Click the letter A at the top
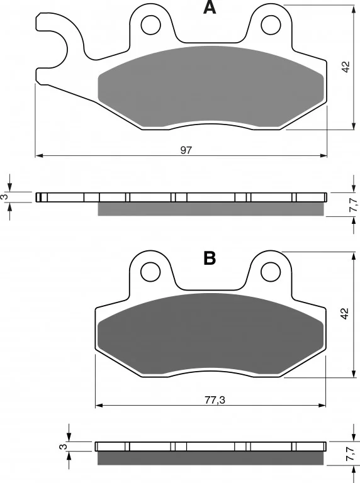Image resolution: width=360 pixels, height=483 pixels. coord(210,8)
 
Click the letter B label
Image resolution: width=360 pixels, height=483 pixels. coord(210,258)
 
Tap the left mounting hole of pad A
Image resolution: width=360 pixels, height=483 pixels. coord(151,25)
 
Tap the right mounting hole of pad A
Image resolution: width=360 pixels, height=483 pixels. coord(271,25)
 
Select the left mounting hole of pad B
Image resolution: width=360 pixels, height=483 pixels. coord(150,272)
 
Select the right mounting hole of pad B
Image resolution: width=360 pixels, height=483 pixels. coord(271,272)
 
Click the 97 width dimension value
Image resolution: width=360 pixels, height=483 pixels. coord(186,150)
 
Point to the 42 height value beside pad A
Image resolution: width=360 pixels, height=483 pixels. coord(346,67)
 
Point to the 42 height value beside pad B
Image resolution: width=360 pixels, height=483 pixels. coord(344,314)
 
